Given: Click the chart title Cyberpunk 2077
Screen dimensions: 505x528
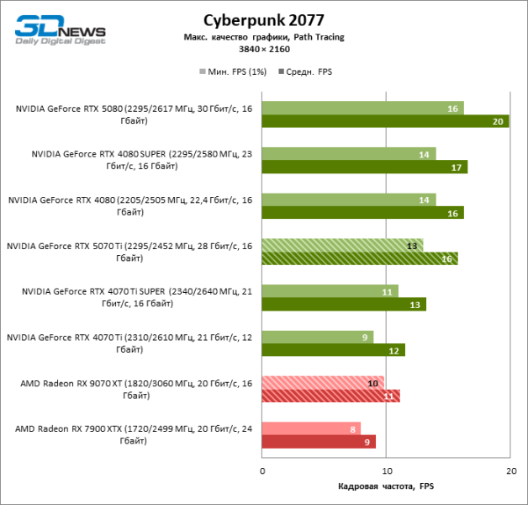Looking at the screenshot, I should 263,20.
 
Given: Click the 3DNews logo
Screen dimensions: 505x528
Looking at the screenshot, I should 59,30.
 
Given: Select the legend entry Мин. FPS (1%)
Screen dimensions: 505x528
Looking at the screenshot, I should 233,72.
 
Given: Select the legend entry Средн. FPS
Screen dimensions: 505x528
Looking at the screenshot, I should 307,72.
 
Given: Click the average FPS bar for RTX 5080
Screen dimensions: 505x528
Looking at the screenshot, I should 385,121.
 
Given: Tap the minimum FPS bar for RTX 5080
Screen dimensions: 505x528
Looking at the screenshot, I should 362,108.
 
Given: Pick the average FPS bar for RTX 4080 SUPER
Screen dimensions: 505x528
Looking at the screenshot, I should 364,167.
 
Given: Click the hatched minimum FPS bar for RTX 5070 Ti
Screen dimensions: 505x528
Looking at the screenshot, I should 342,245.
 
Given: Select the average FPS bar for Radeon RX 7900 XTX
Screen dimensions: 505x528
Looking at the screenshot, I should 319,441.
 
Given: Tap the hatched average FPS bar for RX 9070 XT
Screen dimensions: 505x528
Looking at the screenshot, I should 330,396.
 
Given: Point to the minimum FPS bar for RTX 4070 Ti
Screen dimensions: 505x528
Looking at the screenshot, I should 318,337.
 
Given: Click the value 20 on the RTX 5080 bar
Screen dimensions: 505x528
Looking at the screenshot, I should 498,121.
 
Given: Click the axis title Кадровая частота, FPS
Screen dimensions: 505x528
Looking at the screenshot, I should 386,486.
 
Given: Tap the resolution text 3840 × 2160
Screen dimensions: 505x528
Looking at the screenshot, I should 263,49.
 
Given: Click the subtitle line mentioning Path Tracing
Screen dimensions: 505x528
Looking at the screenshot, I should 263,37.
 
